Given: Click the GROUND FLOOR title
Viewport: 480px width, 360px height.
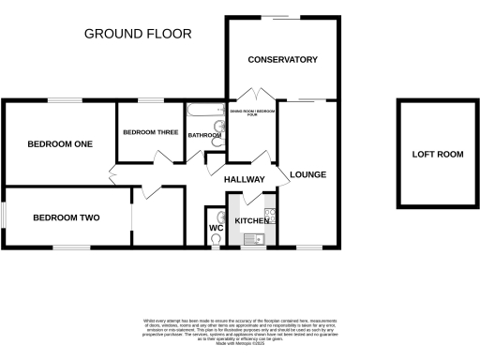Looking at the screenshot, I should point(138,34).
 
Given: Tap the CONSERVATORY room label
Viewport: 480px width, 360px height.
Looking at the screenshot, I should point(282,60).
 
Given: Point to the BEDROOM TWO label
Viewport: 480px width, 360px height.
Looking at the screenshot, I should point(66,217).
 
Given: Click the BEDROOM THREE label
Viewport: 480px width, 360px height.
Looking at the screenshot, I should point(150,132).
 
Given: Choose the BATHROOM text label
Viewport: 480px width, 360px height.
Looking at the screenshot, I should point(204,136).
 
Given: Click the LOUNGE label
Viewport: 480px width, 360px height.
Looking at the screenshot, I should point(307,174).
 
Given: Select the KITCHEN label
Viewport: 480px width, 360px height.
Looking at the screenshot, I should point(251,219).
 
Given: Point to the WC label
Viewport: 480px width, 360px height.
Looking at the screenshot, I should point(215,228).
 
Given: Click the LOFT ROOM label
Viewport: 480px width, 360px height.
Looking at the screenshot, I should point(438,154).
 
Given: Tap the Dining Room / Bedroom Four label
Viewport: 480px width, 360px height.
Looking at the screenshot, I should point(253,113).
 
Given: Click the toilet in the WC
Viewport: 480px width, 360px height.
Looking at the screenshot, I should point(217,240).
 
